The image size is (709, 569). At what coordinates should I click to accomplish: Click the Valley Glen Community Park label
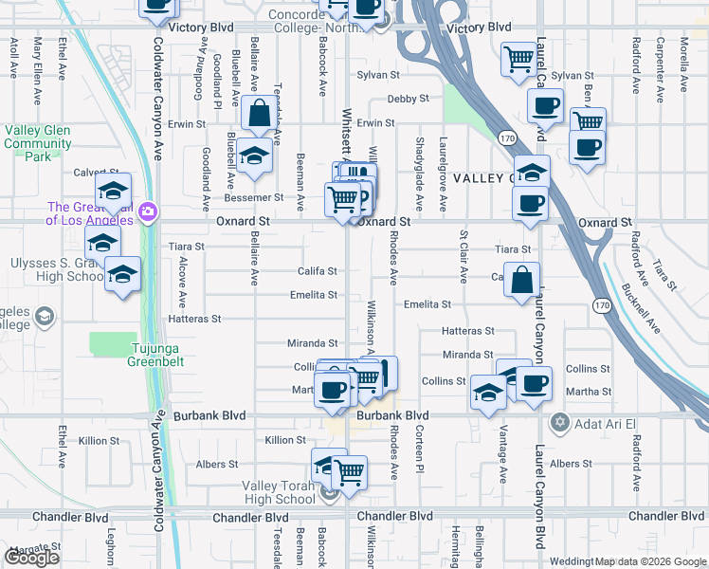(x=38, y=143)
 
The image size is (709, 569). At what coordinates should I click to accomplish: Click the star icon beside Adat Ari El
(x=560, y=422)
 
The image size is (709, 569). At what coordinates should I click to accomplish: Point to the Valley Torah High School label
(x=280, y=492)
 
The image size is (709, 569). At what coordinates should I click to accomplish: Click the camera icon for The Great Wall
(x=147, y=211)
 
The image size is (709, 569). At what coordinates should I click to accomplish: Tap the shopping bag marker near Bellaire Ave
(x=259, y=116)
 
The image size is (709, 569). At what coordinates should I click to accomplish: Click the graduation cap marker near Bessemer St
(x=253, y=156)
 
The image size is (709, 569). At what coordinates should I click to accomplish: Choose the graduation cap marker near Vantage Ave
(x=488, y=393)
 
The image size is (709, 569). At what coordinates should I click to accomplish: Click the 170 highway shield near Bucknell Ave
(x=601, y=305)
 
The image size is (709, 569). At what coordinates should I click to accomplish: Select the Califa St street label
(x=318, y=271)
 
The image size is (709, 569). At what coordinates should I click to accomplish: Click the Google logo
(x=31, y=557)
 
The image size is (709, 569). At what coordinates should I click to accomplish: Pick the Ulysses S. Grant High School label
(x=52, y=270)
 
